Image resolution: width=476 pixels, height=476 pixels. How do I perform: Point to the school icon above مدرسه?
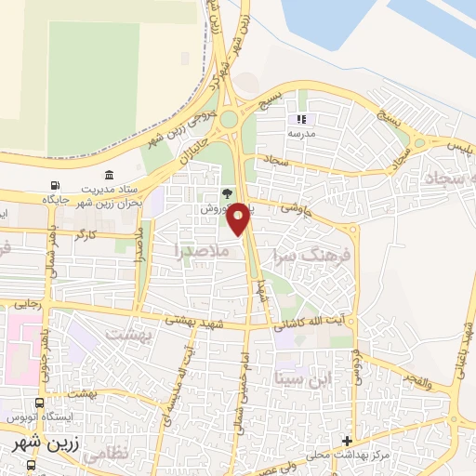tap(300, 120)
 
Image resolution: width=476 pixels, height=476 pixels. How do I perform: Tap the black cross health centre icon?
tap(347, 440)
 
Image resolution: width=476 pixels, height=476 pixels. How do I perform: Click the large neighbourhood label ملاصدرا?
tap(197, 249)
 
